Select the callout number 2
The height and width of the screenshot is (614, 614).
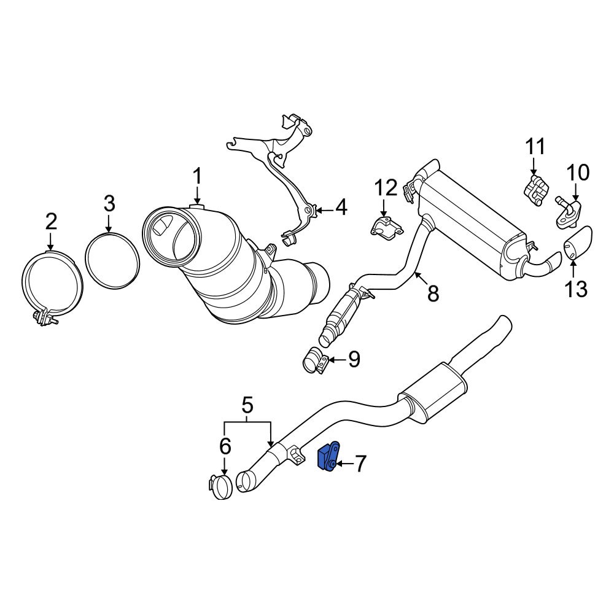coord(50,221)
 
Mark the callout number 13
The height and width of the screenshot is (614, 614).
coord(577,288)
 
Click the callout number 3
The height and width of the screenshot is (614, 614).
coord(109,202)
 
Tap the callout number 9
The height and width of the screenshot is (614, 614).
coord(354,359)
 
